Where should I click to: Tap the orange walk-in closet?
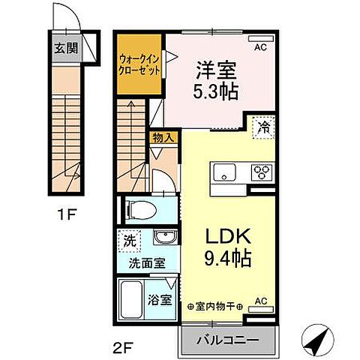coord(139,62)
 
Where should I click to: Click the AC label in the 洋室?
coord(260,47)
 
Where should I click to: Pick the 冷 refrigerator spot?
coord(265,127)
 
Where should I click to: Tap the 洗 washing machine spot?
coord(129,241)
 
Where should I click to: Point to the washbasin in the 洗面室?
coord(163,238)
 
